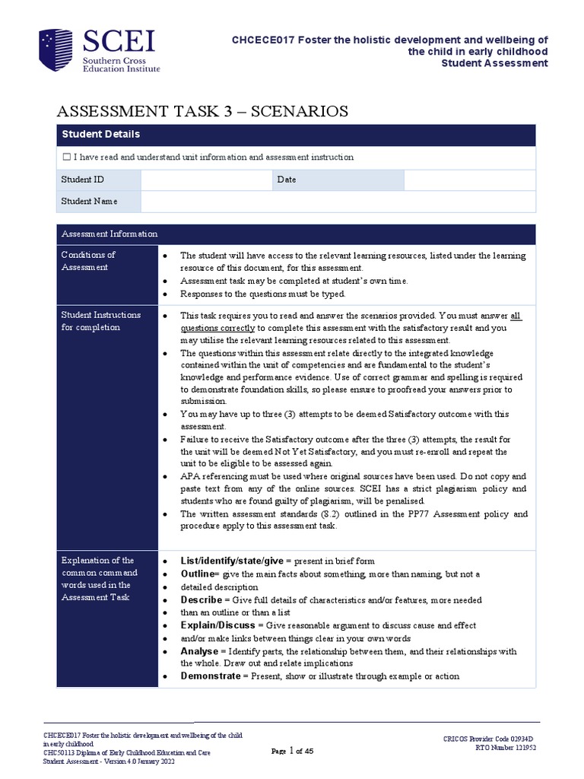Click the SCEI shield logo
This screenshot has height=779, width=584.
point(57,51)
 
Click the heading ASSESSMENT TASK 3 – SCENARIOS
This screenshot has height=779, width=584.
point(202,111)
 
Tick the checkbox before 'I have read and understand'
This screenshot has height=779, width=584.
point(66,157)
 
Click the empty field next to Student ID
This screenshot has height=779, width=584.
point(205,180)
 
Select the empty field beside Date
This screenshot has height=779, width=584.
point(469,180)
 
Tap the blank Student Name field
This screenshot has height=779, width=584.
point(338,201)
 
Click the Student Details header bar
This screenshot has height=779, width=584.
point(296,134)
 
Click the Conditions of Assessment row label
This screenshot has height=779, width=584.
point(88,261)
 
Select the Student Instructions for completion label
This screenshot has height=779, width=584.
point(100,320)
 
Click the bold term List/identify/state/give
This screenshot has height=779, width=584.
point(231,560)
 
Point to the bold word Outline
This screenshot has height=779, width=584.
point(196,574)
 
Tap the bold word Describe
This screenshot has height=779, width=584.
point(202,599)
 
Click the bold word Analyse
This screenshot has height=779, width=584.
point(199,651)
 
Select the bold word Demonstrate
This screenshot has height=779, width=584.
point(210,676)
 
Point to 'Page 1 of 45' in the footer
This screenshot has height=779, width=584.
point(292,751)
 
